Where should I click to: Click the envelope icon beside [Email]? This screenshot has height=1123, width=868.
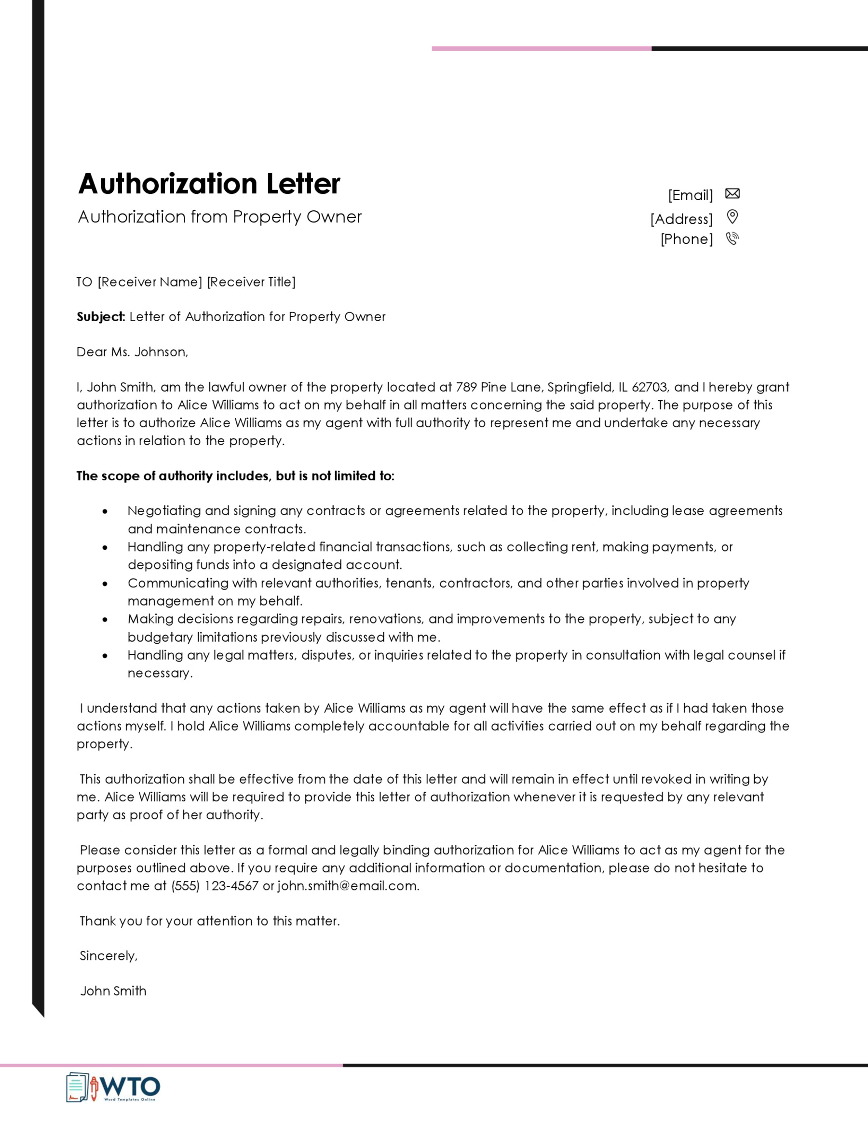pos(732,193)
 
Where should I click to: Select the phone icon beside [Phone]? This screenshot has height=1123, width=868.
pos(732,239)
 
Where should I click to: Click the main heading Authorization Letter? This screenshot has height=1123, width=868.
pos(209,184)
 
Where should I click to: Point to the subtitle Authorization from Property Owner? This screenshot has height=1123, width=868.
pos(219,216)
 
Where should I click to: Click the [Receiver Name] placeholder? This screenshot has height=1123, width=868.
pos(149,282)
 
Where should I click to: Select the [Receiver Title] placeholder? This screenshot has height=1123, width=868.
pos(251,282)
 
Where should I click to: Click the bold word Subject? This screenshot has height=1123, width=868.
pos(101,317)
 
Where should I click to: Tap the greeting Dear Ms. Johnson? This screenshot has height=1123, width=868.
pos(132,352)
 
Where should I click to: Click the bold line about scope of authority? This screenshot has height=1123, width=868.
pos(235,475)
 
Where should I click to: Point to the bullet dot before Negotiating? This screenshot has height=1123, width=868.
pos(105,511)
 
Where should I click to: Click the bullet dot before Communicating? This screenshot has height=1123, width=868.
pos(105,583)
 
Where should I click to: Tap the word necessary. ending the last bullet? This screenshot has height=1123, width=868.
pos(160,673)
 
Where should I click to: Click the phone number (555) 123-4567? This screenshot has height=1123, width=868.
pos(215,885)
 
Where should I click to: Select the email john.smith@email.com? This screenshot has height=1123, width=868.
pos(348,885)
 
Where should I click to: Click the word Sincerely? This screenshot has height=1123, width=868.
pos(108,955)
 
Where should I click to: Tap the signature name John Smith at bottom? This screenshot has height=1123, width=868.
pos(113,991)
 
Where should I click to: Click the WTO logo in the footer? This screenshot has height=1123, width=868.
pos(113,1087)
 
